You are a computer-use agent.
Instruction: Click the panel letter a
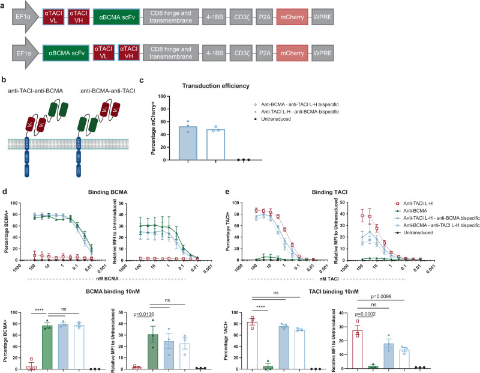(5, 4)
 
